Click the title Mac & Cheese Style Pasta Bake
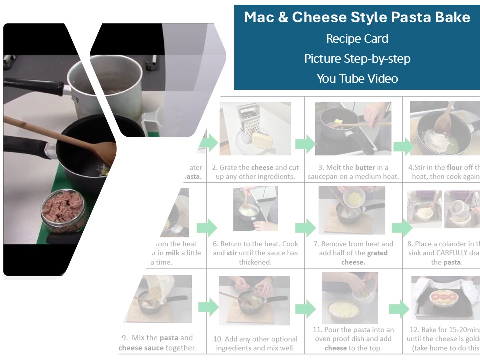coord(357,18)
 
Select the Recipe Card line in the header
coord(357,39)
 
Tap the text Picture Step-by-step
coord(357,59)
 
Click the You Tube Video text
coord(357,79)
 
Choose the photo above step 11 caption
coord(349,297)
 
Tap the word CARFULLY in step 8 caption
coord(452,253)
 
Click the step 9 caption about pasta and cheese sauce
coord(157,343)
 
